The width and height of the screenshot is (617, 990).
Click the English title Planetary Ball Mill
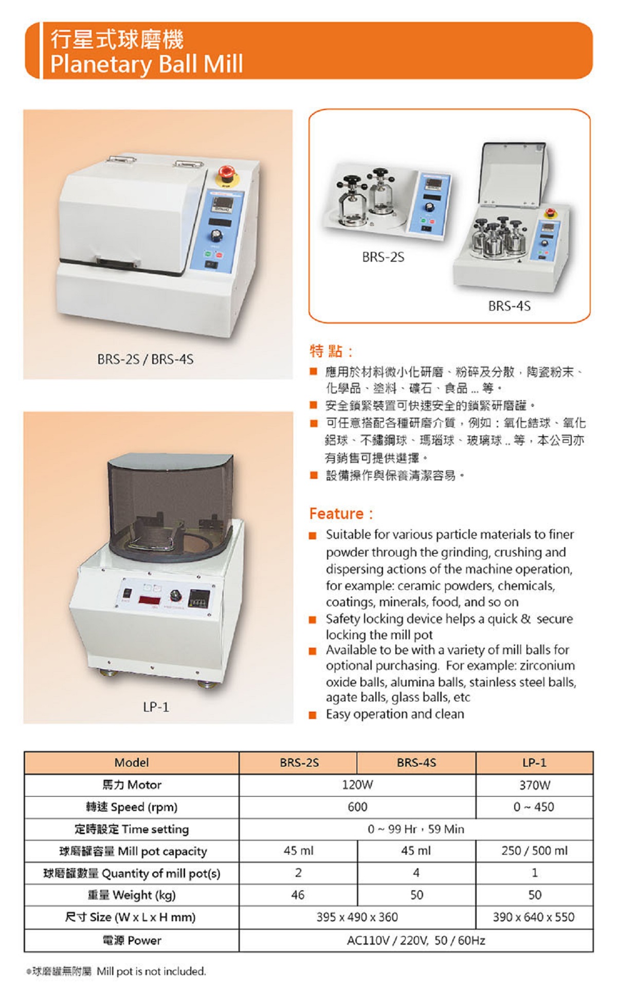[x=147, y=64]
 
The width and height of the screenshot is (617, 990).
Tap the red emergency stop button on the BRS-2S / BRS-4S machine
[x=226, y=173]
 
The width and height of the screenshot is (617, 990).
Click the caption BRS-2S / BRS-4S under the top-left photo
[x=146, y=359]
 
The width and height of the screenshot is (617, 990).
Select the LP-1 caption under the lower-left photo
[x=156, y=707]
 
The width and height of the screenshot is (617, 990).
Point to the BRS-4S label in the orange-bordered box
[x=510, y=306]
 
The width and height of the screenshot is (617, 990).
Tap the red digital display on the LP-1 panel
[x=150, y=600]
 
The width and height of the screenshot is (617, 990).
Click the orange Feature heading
[x=341, y=514]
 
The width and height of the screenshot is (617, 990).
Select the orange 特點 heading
[x=331, y=351]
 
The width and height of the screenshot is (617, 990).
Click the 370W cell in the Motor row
[x=535, y=785]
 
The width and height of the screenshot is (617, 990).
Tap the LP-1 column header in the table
[x=534, y=763]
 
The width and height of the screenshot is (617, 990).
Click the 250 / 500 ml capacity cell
[x=535, y=851]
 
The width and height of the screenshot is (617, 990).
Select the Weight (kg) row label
[x=132, y=895]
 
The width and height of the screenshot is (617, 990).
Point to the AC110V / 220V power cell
[x=416, y=941]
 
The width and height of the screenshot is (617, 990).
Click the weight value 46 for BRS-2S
[x=298, y=895]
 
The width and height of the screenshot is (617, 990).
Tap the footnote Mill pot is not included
[x=151, y=971]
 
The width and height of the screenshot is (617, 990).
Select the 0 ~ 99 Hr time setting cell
[x=416, y=829]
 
